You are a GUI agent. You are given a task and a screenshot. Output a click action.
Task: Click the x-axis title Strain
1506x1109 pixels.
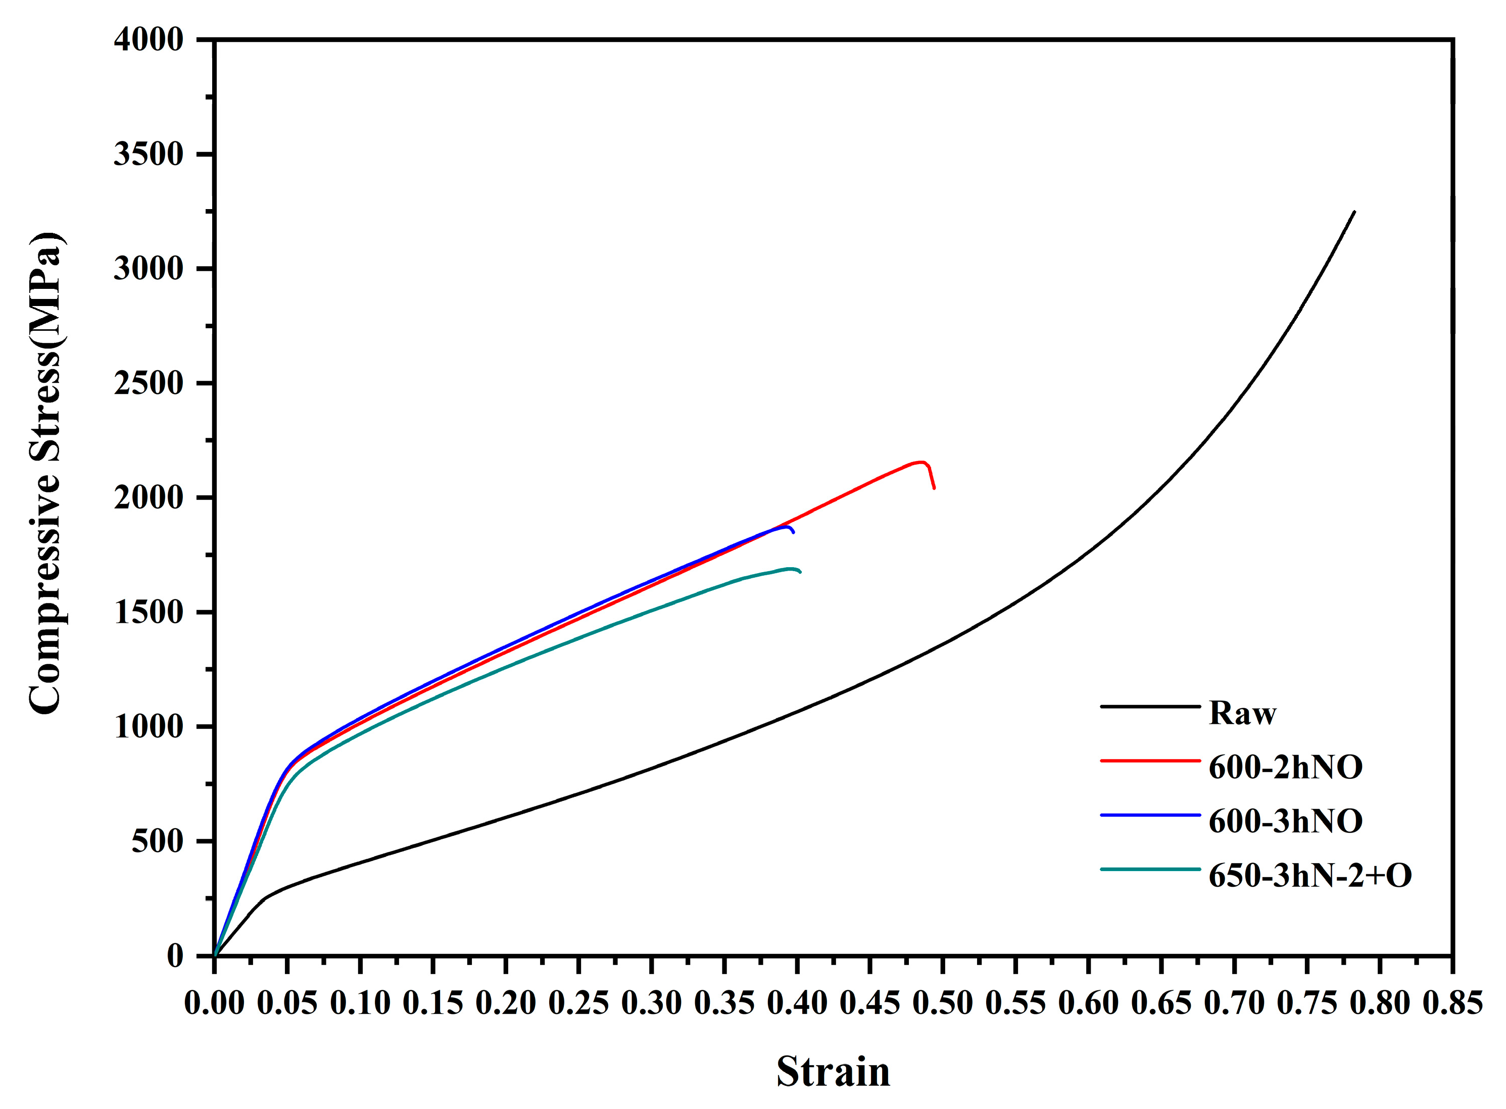pyautogui.click(x=833, y=1072)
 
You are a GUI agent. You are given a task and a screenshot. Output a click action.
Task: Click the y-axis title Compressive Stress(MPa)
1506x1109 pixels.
pyautogui.click(x=45, y=473)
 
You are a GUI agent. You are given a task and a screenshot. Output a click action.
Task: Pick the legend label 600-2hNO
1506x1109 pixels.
pyautogui.click(x=1285, y=767)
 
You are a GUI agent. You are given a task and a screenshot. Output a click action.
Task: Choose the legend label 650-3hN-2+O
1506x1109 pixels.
pyautogui.click(x=1309, y=875)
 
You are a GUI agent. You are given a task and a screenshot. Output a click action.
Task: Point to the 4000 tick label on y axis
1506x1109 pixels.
pyautogui.click(x=149, y=40)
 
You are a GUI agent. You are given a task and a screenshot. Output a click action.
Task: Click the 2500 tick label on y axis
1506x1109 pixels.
pyautogui.click(x=149, y=383)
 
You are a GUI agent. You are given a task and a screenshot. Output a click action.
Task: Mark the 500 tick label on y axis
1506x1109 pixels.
pyautogui.click(x=157, y=841)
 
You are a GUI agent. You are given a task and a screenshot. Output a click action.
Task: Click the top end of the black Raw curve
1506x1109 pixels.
pyautogui.click(x=1354, y=212)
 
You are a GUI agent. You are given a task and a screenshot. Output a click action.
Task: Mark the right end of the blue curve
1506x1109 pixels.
pyautogui.click(x=794, y=532)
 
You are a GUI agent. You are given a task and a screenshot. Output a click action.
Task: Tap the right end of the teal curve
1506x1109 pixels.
pyautogui.click(x=800, y=572)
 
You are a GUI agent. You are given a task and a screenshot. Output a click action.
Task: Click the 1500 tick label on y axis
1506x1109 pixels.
pyautogui.click(x=149, y=612)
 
